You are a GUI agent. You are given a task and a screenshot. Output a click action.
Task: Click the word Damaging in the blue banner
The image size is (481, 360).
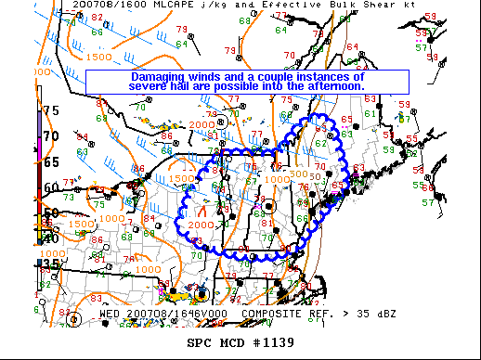[x=157, y=76]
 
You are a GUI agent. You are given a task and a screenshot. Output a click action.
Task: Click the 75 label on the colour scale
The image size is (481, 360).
[x=51, y=110]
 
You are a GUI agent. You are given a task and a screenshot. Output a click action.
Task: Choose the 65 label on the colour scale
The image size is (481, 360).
[x=50, y=161]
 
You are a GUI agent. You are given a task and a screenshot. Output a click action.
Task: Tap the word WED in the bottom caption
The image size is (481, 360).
[x=110, y=314]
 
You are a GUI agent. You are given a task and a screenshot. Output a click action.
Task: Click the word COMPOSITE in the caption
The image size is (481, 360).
[x=275, y=314]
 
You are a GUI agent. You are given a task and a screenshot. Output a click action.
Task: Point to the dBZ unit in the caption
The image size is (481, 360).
[x=384, y=314]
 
